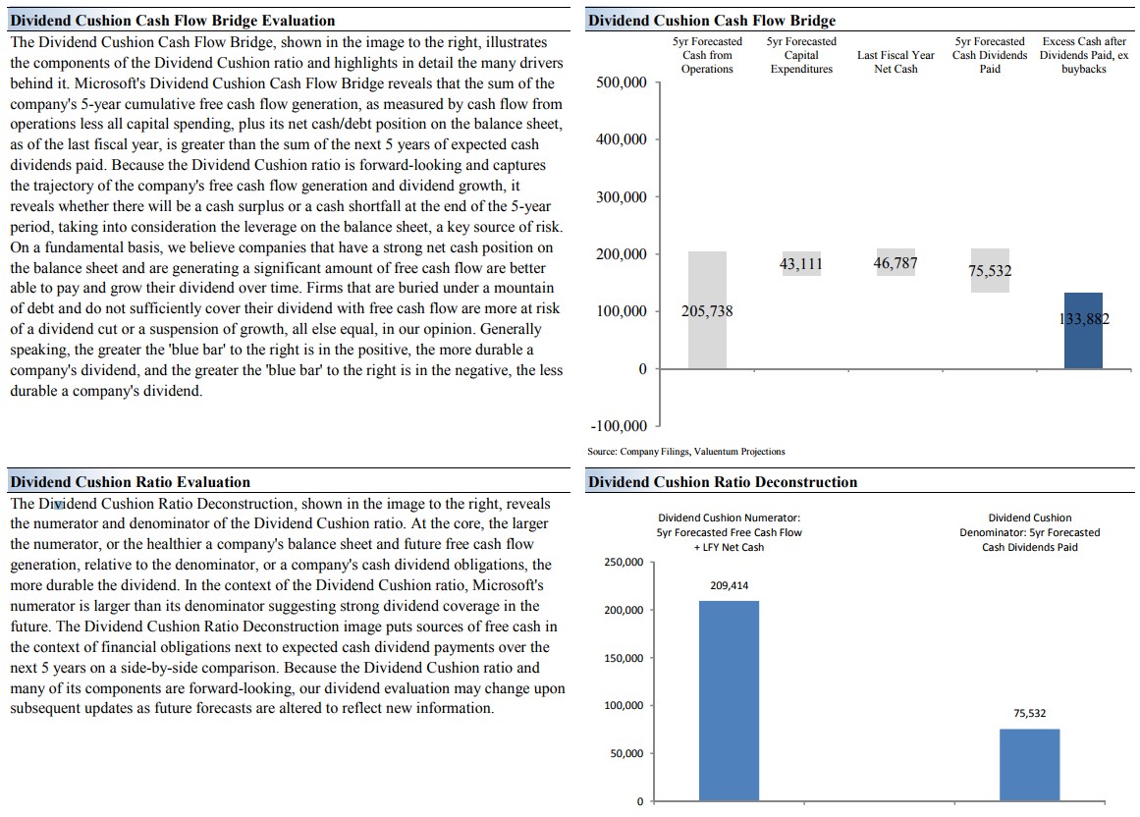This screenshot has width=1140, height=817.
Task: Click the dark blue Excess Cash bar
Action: point(1083,331)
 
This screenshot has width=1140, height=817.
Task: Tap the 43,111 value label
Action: point(801,263)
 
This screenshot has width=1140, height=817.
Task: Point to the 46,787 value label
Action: point(896,263)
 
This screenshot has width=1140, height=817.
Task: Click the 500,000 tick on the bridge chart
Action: point(622,82)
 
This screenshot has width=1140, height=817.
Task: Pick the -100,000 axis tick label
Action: point(619,426)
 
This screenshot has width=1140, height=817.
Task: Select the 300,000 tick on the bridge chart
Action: point(622,197)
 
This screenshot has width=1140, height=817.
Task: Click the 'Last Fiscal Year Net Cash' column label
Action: point(896,62)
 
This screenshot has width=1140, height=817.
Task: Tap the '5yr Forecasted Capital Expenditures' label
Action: point(801,55)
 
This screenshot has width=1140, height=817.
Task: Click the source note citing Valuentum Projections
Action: point(686,452)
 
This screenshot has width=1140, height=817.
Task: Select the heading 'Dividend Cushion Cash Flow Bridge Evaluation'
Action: point(172,21)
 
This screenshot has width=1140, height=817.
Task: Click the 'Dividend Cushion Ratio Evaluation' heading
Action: point(130,482)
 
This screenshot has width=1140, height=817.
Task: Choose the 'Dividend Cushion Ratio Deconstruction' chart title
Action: point(722,482)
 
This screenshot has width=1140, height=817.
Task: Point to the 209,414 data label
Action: point(729,585)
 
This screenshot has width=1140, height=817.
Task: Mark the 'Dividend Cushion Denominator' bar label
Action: point(1029,532)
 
